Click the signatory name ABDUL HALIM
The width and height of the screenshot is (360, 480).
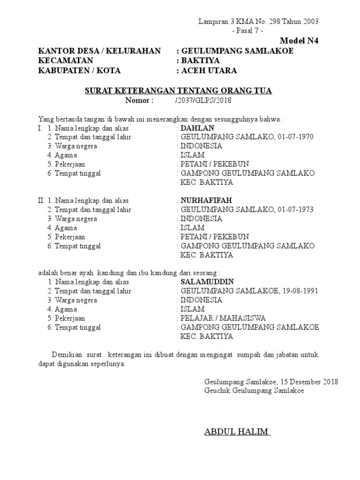point(237,431)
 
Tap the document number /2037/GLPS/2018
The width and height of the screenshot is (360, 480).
point(203,100)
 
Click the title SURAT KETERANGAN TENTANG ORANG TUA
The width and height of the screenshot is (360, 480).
point(178,90)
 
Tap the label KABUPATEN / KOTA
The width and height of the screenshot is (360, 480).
point(79,71)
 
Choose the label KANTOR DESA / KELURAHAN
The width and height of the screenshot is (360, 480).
point(99,51)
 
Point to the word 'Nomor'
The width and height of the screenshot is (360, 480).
point(139,100)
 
